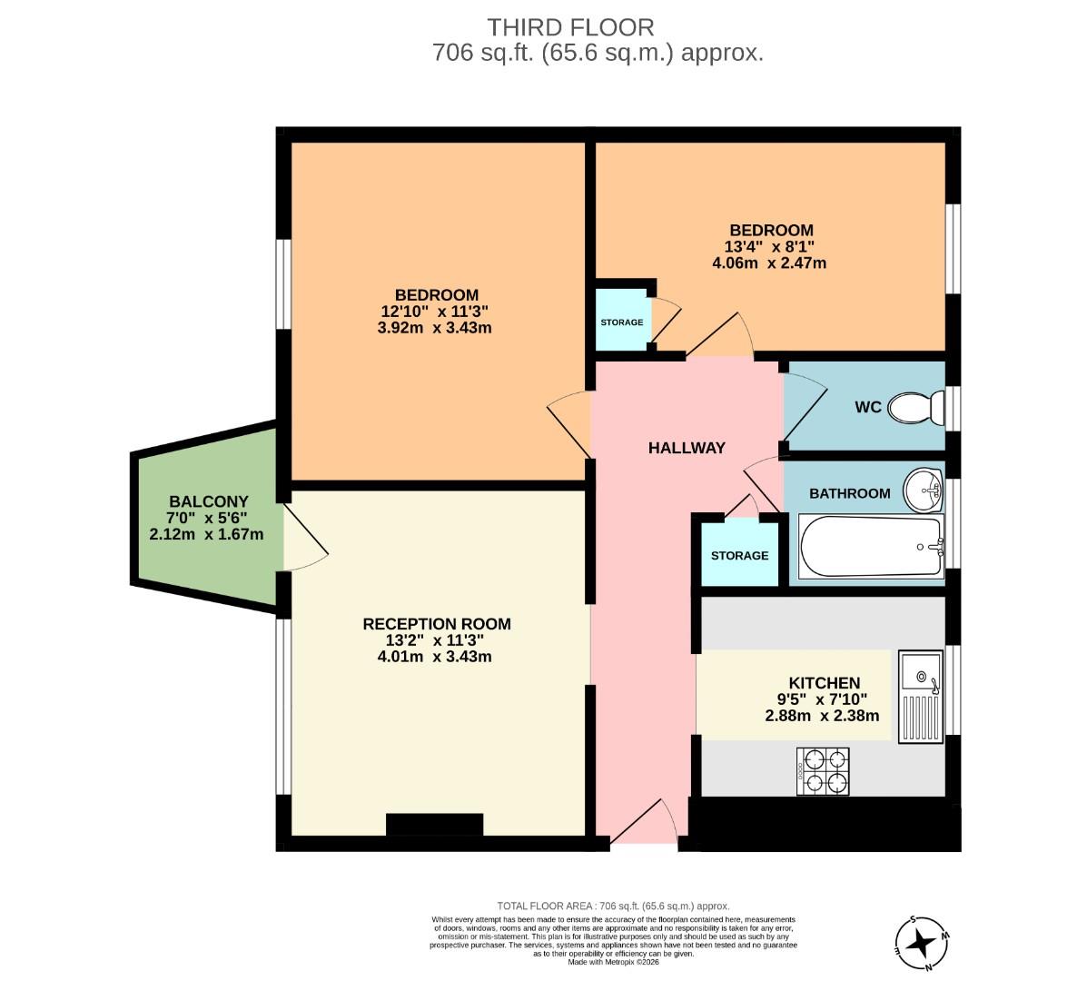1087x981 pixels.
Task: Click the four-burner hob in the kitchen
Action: pos(823,772)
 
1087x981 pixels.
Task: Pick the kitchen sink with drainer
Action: pos(921,696)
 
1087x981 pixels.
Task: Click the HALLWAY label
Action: pos(687,448)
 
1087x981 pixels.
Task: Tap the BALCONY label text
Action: pos(208,501)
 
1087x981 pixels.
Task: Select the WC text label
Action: pos(868,407)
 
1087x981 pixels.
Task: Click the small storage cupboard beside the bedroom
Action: pos(622,322)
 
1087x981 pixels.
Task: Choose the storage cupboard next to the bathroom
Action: pos(739,555)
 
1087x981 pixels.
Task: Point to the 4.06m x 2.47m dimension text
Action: pos(769,263)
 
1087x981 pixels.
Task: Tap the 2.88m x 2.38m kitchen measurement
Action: pos(822,716)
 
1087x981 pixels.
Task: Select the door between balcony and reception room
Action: pos(304,538)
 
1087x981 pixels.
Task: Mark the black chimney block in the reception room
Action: pos(434,824)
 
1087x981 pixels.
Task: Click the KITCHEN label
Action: pos(824,683)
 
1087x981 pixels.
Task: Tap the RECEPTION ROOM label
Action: pos(436,624)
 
